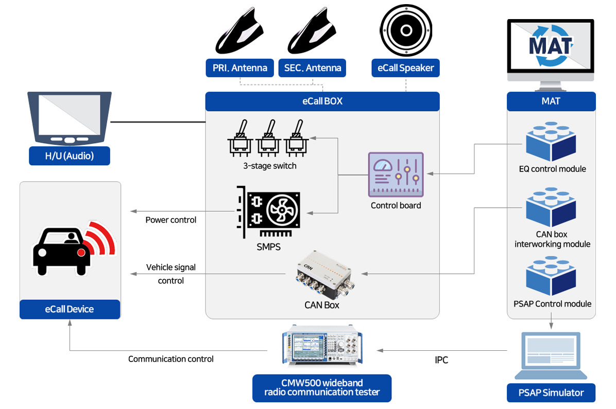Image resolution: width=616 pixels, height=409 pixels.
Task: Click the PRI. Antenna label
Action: tap(239, 68)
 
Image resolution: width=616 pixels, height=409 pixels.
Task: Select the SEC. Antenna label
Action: tap(313, 68)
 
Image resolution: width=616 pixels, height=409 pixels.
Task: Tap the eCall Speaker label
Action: tap(405, 68)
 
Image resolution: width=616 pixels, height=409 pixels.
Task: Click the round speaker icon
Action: tap(405, 30)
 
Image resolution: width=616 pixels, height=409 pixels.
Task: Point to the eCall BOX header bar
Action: tap(322, 101)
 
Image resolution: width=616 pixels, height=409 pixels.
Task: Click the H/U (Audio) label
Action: tap(70, 156)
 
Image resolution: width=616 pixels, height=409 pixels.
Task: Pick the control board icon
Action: tap(396, 175)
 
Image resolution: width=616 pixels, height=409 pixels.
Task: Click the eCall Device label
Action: tap(70, 309)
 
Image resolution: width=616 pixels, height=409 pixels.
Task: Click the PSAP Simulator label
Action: tap(551, 393)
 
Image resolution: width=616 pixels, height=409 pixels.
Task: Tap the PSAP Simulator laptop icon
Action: tap(551, 355)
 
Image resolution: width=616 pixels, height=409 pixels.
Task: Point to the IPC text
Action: tap(441, 360)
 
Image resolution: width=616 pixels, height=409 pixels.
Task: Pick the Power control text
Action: tap(171, 220)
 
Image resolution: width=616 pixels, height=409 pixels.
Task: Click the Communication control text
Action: tap(171, 359)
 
